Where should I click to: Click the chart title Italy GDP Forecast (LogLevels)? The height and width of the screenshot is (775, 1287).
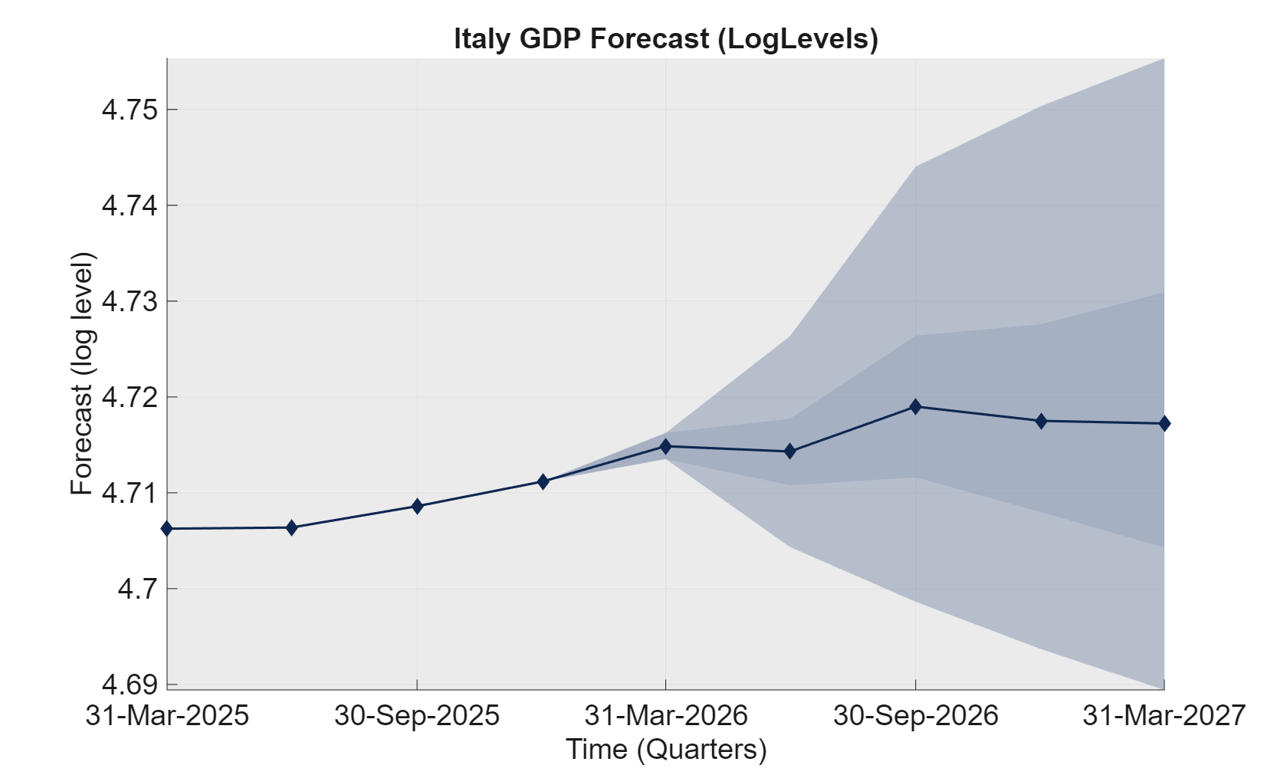665,38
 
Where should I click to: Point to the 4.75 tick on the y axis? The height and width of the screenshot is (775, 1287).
130,110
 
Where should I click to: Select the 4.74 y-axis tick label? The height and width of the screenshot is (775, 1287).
130,205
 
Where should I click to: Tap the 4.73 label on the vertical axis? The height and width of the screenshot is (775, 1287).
130,301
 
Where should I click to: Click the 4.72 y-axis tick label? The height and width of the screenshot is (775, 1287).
130,397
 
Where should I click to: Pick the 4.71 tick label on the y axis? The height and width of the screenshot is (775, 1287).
130,493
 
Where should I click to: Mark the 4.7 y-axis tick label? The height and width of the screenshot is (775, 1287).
137,589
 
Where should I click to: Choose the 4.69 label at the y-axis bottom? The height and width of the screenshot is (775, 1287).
130,684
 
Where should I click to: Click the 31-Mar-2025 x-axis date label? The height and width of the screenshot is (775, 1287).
167,715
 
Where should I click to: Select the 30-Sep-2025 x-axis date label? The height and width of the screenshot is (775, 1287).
417,715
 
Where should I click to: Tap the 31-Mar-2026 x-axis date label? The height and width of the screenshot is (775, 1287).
665,715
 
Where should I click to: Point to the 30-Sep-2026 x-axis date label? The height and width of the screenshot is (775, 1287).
915,715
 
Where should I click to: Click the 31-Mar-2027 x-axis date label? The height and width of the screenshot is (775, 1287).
1164,715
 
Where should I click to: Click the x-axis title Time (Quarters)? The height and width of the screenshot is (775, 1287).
665,749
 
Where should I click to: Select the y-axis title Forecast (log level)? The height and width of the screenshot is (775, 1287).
81,373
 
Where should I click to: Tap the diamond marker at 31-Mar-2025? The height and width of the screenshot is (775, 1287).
167,528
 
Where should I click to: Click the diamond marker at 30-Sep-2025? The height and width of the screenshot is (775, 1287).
417,506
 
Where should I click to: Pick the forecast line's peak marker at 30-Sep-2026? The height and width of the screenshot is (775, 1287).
915,406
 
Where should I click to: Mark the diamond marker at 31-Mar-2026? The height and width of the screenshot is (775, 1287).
665,446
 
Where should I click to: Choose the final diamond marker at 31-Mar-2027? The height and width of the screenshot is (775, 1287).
1164,423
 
